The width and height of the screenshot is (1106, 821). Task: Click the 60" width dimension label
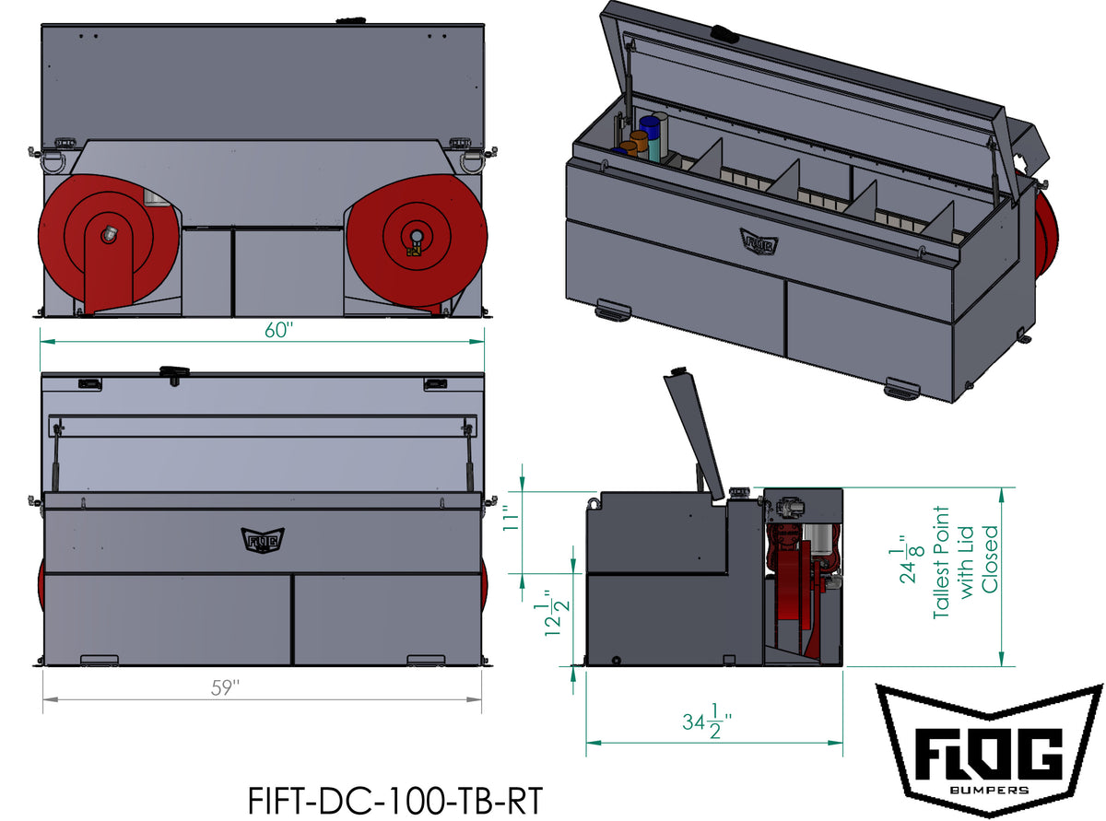pyautogui.click(x=277, y=330)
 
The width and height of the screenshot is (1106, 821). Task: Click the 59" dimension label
pyautogui.click(x=225, y=688)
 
